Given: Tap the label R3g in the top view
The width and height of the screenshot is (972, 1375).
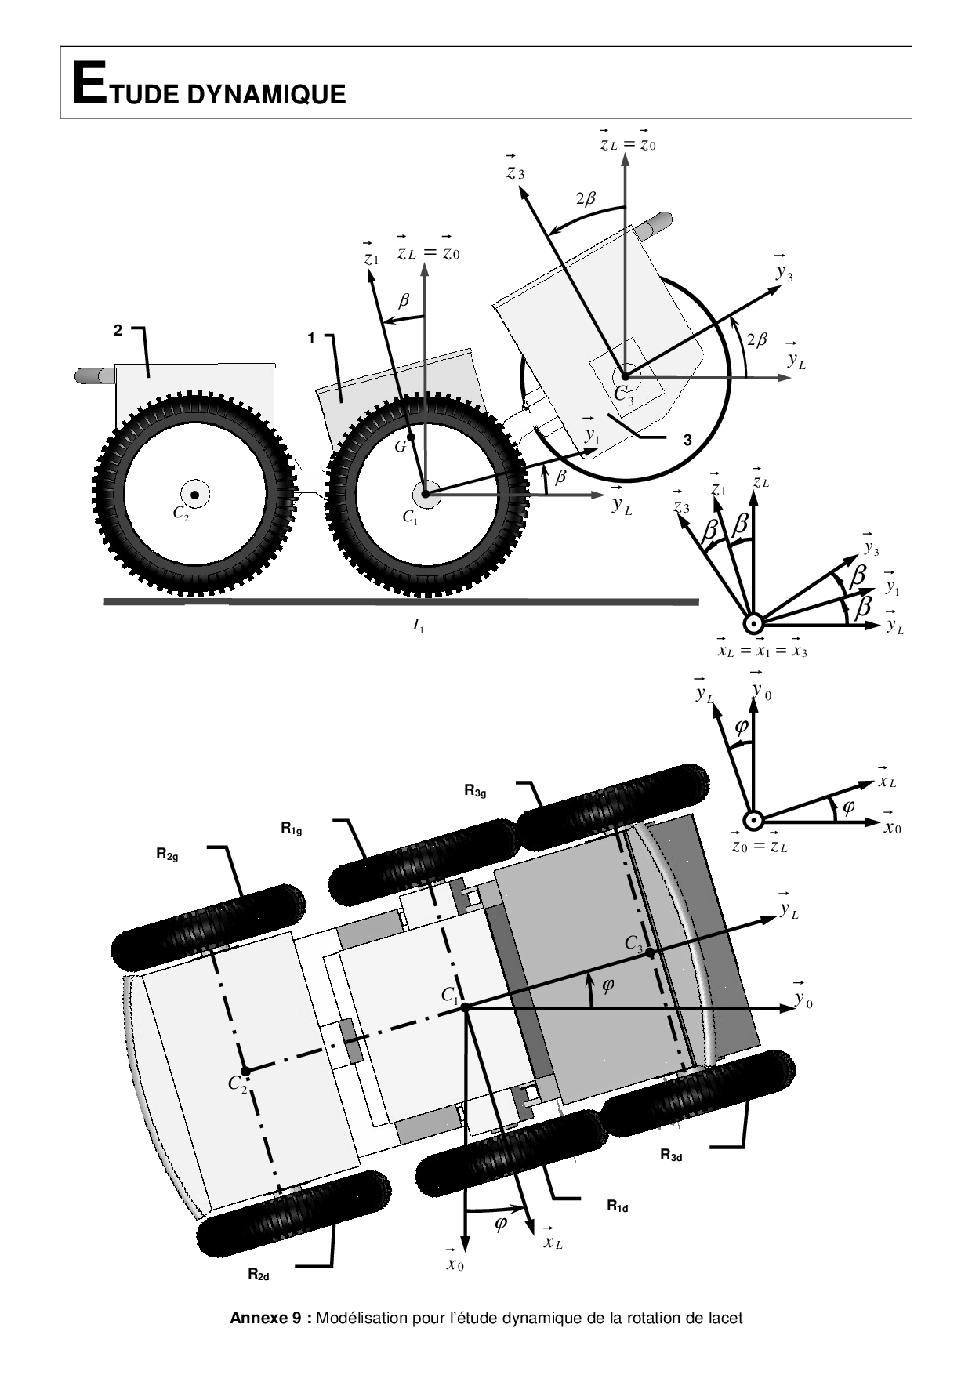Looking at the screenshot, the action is click(476, 791).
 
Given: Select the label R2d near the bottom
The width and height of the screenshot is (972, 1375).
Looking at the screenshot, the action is click(259, 1275).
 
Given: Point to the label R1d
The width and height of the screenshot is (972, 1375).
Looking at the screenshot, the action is click(618, 1206).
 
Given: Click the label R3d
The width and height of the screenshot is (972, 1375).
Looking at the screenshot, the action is click(671, 1155).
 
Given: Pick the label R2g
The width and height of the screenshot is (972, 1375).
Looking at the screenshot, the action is click(167, 855).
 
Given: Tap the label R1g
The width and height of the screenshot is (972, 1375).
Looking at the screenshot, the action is click(292, 827).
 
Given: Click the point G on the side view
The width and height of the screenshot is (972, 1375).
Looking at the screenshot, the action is click(410, 436).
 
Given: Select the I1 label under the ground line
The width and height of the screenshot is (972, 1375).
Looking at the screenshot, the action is click(419, 626).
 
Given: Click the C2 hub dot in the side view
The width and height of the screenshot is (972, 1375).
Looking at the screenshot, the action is click(194, 495).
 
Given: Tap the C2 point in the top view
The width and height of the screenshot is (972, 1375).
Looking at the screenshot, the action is click(245, 1071).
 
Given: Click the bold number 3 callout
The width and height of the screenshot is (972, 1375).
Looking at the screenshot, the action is click(687, 441).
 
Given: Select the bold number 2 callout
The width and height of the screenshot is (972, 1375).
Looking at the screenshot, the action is click(118, 331).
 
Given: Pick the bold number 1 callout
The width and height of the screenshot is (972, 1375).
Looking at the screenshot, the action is click(311, 339).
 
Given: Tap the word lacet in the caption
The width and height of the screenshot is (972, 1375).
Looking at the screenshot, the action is click(724, 1319).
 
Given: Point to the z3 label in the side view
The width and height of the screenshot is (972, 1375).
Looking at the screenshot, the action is click(515, 167).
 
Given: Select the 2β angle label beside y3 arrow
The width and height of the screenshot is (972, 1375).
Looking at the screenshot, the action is click(756, 340).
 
